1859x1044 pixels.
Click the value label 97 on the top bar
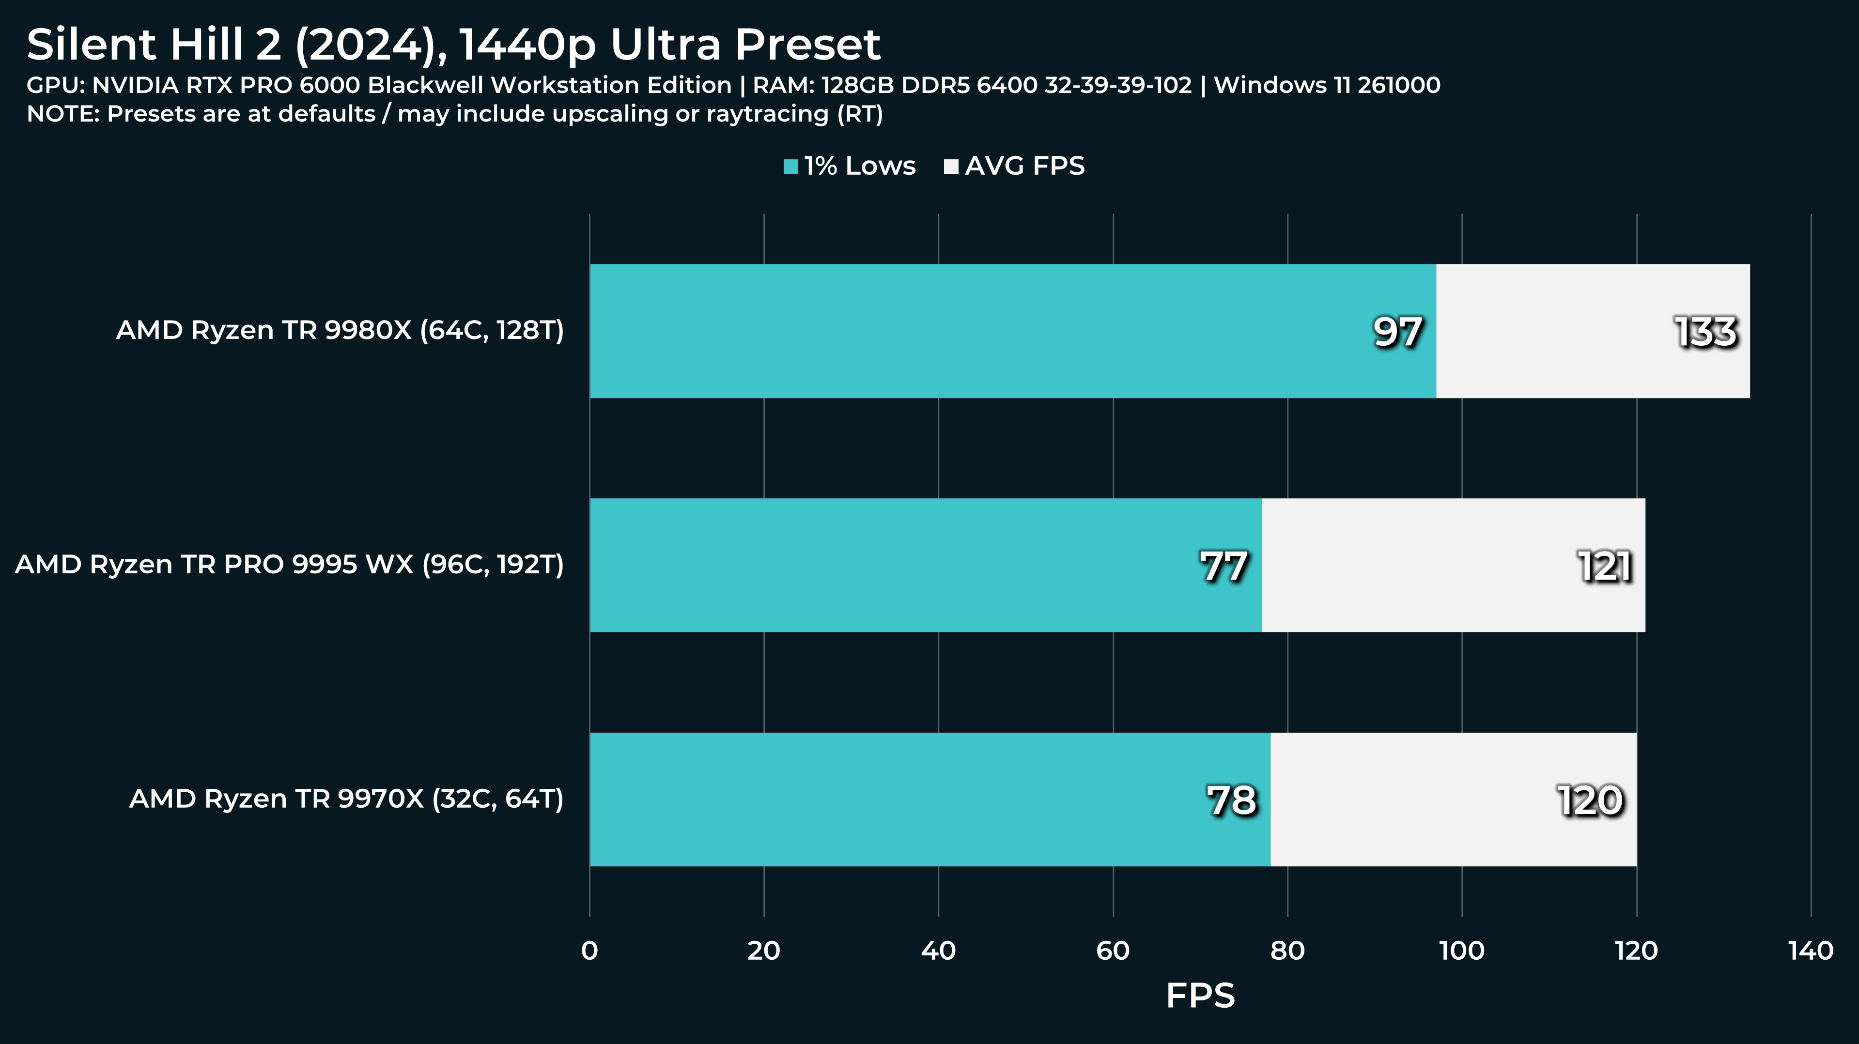point(1397,333)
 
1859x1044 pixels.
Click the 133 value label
point(1705,333)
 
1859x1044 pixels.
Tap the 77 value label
point(1224,567)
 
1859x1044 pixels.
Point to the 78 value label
point(1232,801)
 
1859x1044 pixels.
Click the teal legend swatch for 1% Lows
point(791,167)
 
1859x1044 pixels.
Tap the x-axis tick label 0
point(589,951)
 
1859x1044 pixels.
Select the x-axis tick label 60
point(1113,951)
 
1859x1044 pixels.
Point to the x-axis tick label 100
point(1462,951)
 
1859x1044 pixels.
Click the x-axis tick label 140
point(1811,951)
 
